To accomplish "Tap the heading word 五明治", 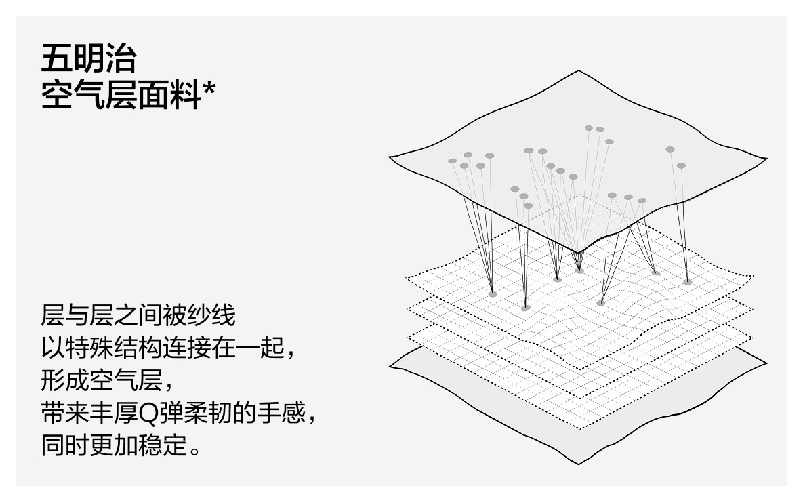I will tap(88, 60).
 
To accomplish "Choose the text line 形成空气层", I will tap(101, 383).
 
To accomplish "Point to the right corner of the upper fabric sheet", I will tap(766, 160).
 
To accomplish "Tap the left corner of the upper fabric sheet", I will tap(390, 159).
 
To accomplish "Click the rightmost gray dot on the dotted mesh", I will tap(688, 281).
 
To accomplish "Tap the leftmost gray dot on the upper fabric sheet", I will tap(452, 161).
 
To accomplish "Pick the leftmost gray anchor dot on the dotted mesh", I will tap(493, 294).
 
